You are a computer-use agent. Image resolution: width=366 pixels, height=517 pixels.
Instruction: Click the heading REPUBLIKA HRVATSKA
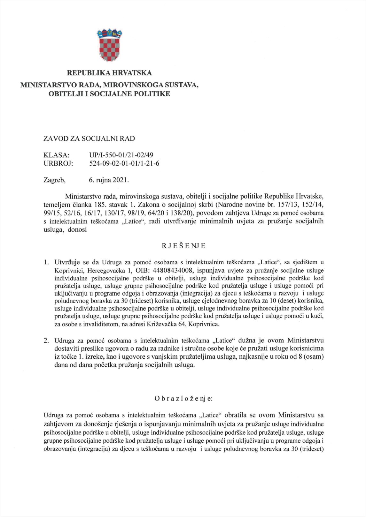tap(109, 73)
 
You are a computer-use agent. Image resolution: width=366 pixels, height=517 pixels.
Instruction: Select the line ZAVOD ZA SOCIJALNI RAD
tap(89, 139)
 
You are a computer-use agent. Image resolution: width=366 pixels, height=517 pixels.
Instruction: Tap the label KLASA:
tap(56, 155)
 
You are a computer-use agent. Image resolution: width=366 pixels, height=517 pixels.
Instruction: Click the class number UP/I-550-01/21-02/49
tap(121, 155)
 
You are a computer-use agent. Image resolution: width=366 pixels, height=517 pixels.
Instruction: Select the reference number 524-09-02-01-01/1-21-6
tap(124, 163)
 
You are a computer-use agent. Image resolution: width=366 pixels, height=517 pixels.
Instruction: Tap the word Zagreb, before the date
tap(54, 180)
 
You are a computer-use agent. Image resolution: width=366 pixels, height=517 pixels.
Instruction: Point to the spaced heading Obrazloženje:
tap(183, 398)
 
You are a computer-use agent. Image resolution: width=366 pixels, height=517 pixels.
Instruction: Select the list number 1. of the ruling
tap(46, 262)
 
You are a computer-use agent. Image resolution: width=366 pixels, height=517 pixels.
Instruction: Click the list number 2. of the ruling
tap(46, 341)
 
